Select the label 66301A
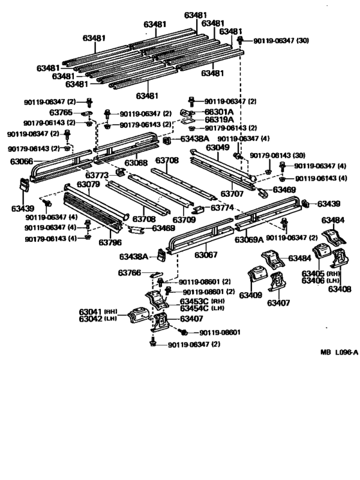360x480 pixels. pos(219,111)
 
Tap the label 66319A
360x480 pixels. pos(219,120)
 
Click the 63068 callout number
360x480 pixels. pos(136,163)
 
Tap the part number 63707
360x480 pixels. pos(232,193)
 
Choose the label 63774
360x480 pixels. pos(222,208)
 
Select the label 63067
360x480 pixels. pos(206,255)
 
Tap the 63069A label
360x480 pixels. pos(249,240)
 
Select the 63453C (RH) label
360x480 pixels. pos(203,300)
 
